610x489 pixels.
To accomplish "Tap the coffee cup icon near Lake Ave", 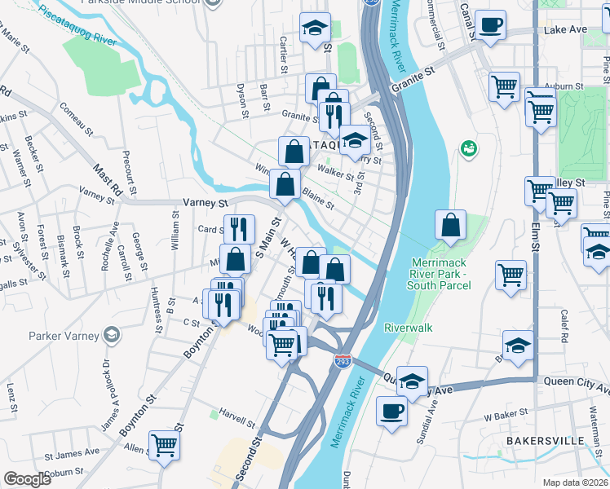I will [490, 25].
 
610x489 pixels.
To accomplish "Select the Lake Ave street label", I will [565, 29].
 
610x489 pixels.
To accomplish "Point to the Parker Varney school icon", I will [112, 335].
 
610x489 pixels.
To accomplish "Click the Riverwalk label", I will [409, 328].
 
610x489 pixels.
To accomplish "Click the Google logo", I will [27, 479].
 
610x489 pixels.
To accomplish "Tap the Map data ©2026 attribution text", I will [576, 482].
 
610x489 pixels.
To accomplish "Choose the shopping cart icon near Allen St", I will [164, 446].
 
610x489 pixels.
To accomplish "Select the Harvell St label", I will [236, 422].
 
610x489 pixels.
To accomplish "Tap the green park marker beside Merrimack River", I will [469, 148].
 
